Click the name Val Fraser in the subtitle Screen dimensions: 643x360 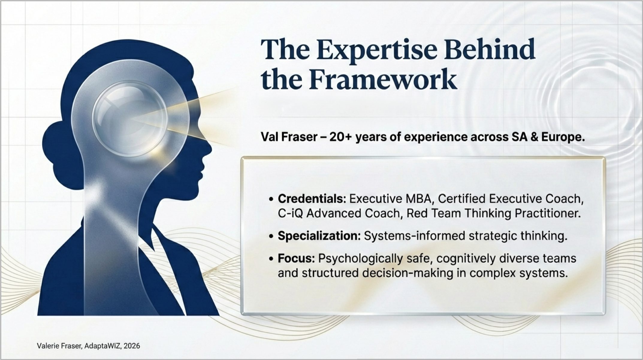289,137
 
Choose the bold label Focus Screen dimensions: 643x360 296,258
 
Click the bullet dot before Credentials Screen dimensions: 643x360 271,199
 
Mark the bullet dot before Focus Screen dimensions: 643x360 271,258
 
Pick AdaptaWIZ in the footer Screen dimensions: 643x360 102,346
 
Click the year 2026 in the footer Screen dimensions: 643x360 132,346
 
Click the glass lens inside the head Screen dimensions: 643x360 129,119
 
